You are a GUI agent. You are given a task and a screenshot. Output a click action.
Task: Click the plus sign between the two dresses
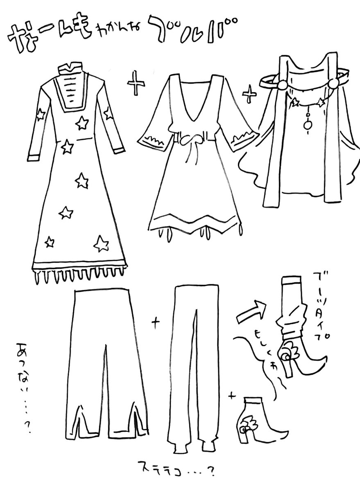136,84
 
